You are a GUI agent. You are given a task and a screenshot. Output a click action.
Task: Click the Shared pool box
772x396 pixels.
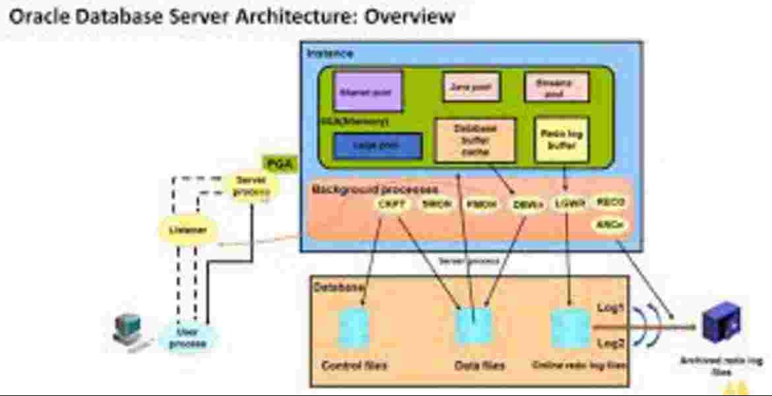tap(368, 92)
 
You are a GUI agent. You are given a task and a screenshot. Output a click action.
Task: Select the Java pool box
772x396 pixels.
tap(470, 86)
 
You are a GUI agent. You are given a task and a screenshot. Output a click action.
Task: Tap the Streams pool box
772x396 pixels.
tap(556, 87)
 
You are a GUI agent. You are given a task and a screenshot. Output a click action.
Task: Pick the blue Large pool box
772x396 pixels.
tap(377, 146)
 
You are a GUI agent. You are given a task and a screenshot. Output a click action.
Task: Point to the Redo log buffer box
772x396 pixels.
tap(561, 139)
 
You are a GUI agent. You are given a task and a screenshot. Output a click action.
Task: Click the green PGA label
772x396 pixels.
tap(281, 162)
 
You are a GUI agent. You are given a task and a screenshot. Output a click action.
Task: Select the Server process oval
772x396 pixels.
tap(252, 186)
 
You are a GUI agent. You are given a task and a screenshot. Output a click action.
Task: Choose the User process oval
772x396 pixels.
tap(187, 337)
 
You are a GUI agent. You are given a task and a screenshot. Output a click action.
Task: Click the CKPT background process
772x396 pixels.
tap(387, 205)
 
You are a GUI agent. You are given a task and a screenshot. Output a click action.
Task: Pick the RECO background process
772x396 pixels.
tap(610, 202)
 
